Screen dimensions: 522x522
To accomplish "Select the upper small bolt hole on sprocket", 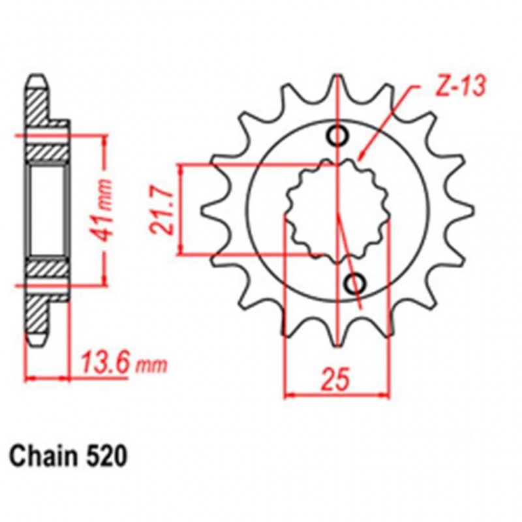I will (x=339, y=136).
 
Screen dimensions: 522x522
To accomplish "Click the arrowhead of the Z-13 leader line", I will (x=360, y=159).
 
